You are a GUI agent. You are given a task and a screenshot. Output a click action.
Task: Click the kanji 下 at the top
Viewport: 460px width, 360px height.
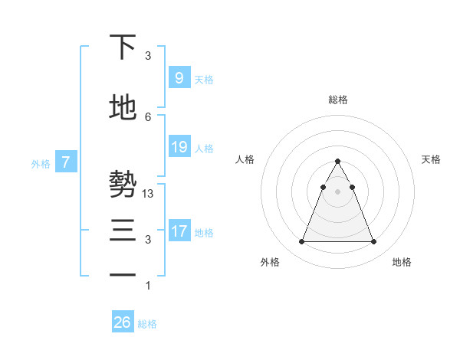(123, 47)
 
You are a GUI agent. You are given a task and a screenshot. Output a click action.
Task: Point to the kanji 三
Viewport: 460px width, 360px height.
(123, 231)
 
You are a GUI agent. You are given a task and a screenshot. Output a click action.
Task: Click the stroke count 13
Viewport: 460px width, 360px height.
(149, 194)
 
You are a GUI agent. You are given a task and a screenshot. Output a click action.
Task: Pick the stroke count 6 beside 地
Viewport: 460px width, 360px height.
(148, 116)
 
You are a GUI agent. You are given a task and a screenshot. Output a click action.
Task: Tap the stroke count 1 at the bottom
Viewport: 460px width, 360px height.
(148, 286)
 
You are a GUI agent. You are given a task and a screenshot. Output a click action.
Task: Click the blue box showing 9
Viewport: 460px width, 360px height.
(179, 78)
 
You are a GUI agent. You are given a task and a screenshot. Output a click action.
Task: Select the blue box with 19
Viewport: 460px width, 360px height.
(179, 147)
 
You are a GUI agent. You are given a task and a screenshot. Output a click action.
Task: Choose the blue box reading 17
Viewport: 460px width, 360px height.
(179, 231)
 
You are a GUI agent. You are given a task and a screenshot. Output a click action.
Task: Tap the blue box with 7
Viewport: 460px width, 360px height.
(66, 162)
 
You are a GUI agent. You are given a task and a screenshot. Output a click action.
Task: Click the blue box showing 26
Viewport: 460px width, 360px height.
(122, 322)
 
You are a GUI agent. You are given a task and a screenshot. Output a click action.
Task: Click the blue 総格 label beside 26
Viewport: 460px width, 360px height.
(147, 324)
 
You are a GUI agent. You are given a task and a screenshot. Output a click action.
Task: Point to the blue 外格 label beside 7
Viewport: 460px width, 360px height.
(41, 163)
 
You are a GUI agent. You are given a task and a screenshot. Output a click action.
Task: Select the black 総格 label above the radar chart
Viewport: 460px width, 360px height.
(337, 100)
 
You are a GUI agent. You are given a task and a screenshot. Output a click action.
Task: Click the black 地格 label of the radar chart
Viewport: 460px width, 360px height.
(402, 262)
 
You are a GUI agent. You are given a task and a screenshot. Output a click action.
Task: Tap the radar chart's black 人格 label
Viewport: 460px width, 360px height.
(245, 159)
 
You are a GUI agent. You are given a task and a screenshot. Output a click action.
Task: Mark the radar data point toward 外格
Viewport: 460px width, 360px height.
(301, 242)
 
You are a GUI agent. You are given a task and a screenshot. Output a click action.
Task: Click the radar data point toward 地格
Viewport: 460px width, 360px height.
(373, 242)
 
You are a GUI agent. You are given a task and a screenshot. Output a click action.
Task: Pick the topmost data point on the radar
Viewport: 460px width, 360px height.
(337, 162)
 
